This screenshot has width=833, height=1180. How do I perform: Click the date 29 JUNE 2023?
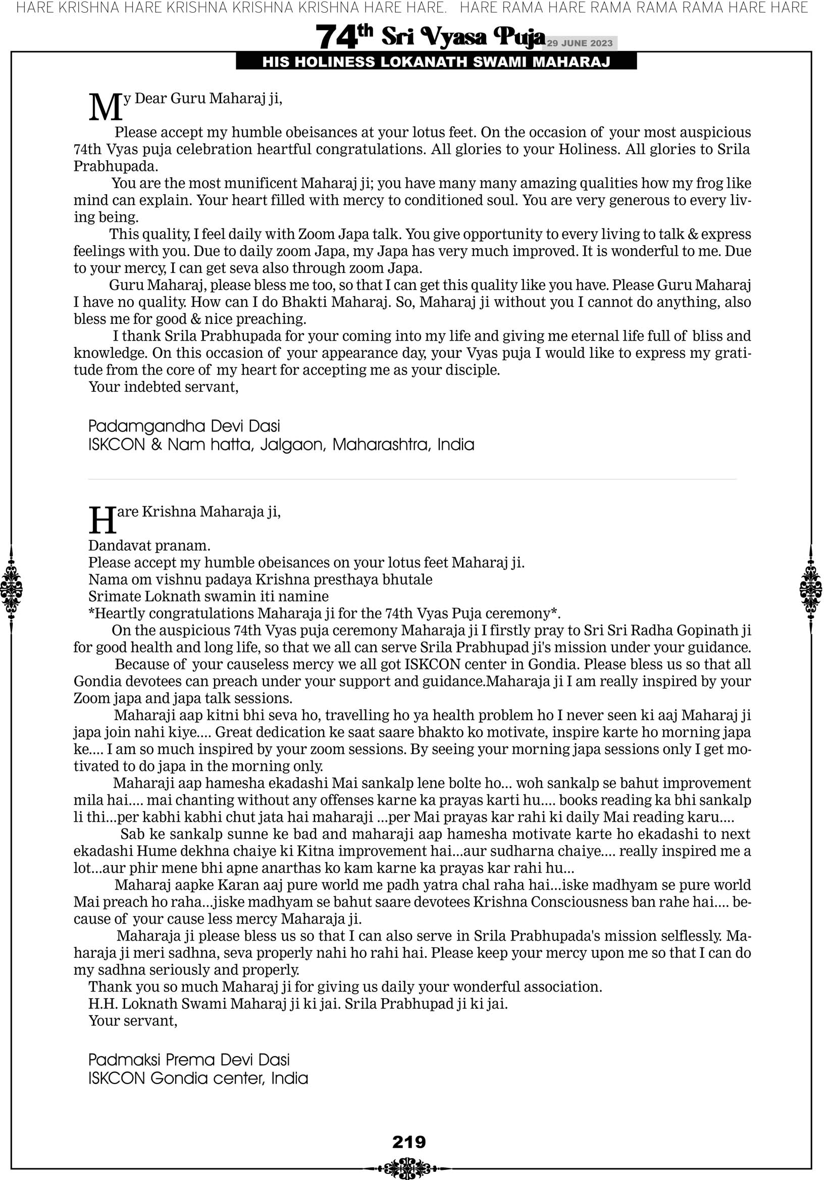click(580, 43)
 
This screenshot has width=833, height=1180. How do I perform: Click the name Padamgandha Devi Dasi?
click(184, 426)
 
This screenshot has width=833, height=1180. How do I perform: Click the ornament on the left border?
click(11, 589)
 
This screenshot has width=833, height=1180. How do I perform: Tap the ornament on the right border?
click(811, 589)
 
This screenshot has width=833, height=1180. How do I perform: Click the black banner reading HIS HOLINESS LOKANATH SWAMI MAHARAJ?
click(436, 62)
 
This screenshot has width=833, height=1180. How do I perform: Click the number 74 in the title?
click(336, 37)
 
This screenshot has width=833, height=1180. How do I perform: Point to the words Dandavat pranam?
click(149, 545)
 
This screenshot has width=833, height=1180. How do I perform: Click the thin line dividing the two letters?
click(412, 480)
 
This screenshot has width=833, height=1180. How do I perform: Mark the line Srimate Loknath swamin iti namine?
click(208, 596)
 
